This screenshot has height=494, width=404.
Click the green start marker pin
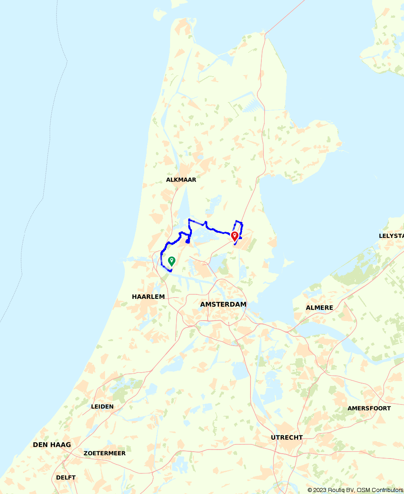pos(171,261)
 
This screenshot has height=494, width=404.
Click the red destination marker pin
pos(234,236)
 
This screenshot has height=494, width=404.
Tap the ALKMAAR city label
pos(181,180)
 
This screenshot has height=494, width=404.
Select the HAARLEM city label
pos(148,297)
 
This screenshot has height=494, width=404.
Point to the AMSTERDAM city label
pos(223,304)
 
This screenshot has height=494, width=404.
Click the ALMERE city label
pos(320,308)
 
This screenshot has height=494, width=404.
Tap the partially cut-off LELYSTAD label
pos(391,236)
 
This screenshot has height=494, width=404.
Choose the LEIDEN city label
pos(102,406)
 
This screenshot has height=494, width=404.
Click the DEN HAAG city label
pos(52,445)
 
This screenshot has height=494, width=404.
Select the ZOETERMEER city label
pos(105,453)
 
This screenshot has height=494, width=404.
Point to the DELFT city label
pos(66,477)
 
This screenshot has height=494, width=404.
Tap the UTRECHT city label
pos(287,438)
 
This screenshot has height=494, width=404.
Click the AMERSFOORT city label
pos(369,409)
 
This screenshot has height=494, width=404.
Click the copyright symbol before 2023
pos(310,490)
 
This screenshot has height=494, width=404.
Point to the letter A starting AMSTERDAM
pos(203,304)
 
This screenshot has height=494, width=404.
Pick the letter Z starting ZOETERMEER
pos(86,453)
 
